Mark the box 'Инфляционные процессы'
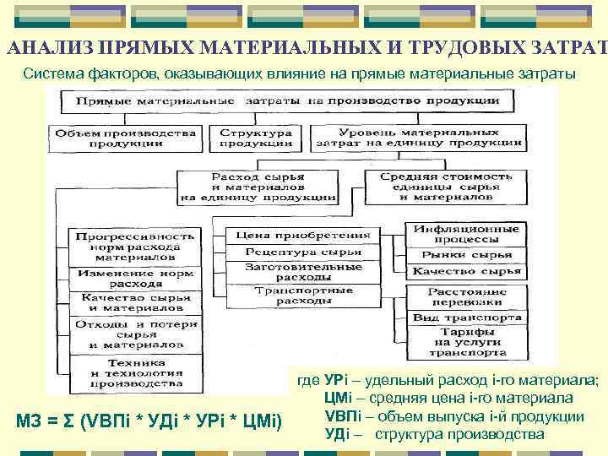click(x=466, y=234)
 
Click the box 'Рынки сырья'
click(x=466, y=254)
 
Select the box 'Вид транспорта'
click(x=466, y=318)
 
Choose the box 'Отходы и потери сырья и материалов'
click(x=135, y=334)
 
